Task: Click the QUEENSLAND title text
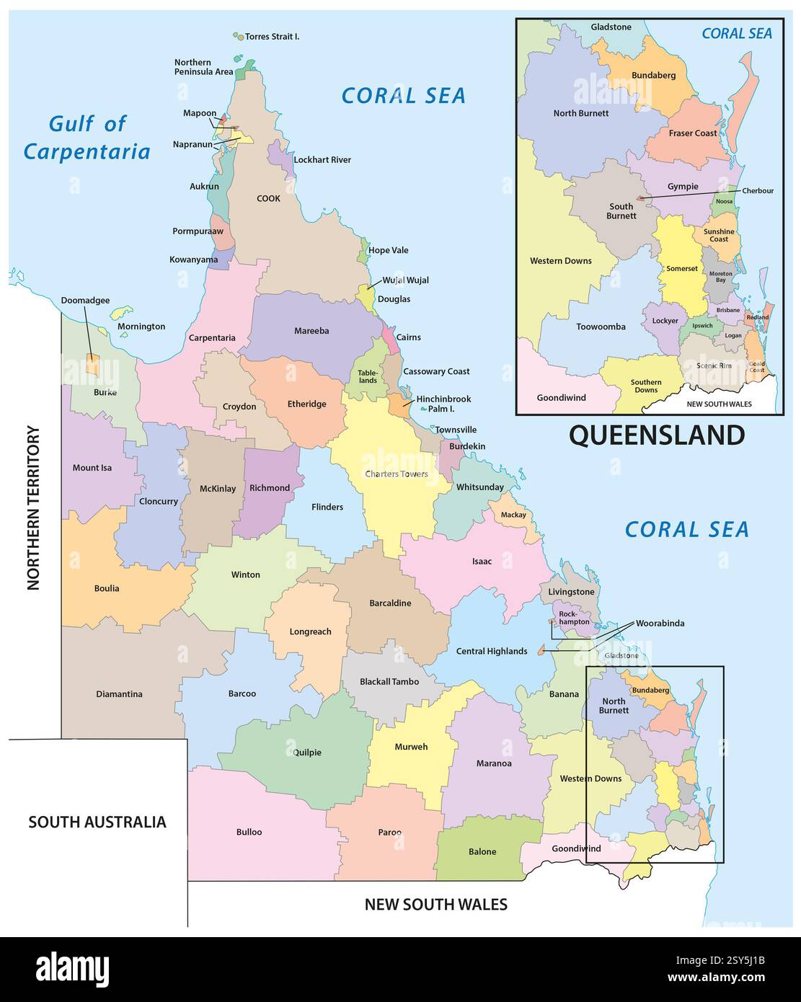pyautogui.click(x=656, y=435)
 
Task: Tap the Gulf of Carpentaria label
pyautogui.click(x=87, y=137)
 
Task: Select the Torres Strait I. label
pyautogui.click(x=272, y=36)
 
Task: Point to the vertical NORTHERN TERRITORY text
pyautogui.click(x=34, y=508)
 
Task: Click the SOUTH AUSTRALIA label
pyautogui.click(x=97, y=822)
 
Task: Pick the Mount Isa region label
pyautogui.click(x=92, y=468)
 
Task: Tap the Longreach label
pyautogui.click(x=310, y=631)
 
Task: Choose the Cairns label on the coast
pyautogui.click(x=408, y=337)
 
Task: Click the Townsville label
pyautogui.click(x=455, y=430)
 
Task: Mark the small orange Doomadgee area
pyautogui.click(x=92, y=364)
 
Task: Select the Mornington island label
pyautogui.click(x=141, y=327)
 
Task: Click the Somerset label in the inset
pyautogui.click(x=681, y=269)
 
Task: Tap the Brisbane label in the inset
pyautogui.click(x=727, y=310)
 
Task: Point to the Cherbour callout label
pyautogui.click(x=758, y=191)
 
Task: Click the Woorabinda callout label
pyautogui.click(x=660, y=623)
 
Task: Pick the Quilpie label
pyautogui.click(x=307, y=752)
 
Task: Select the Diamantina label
pyautogui.click(x=119, y=694)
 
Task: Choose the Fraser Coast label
pyautogui.click(x=692, y=133)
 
